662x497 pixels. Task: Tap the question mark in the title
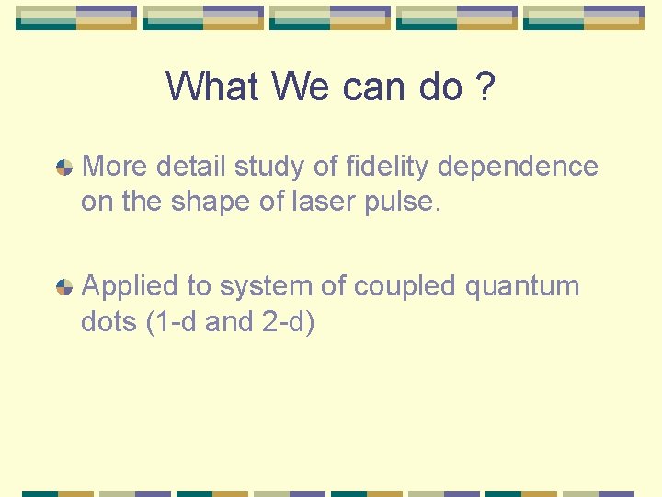485,87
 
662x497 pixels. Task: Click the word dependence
519,167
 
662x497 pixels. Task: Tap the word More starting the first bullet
115,167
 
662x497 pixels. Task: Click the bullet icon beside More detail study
64,168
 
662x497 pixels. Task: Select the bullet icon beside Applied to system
64,287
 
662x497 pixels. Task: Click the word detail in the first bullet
191,167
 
